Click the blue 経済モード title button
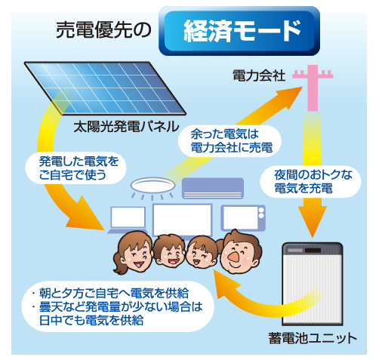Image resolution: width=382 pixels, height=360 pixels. [239, 31]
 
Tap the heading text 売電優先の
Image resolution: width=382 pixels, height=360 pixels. [103, 30]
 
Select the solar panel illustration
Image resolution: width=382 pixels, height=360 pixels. [105, 88]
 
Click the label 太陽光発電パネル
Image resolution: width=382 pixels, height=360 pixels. [126, 126]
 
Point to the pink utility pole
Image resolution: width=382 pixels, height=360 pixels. [313, 88]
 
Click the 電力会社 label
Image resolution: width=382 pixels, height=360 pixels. [259, 75]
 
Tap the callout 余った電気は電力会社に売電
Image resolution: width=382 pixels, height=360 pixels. [230, 141]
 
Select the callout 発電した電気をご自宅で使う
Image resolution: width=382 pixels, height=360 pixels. [75, 168]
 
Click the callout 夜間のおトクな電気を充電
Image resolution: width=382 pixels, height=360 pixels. [310, 181]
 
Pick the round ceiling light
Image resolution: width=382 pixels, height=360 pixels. [152, 186]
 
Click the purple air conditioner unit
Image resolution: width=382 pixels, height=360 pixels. [213, 188]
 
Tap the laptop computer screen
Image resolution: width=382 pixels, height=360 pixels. [128, 217]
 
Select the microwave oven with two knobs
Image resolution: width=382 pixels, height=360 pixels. [243, 218]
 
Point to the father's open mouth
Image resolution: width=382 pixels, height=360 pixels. [233, 257]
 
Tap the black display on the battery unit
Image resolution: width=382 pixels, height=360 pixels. [313, 251]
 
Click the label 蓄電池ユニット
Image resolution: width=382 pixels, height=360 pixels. [313, 338]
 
